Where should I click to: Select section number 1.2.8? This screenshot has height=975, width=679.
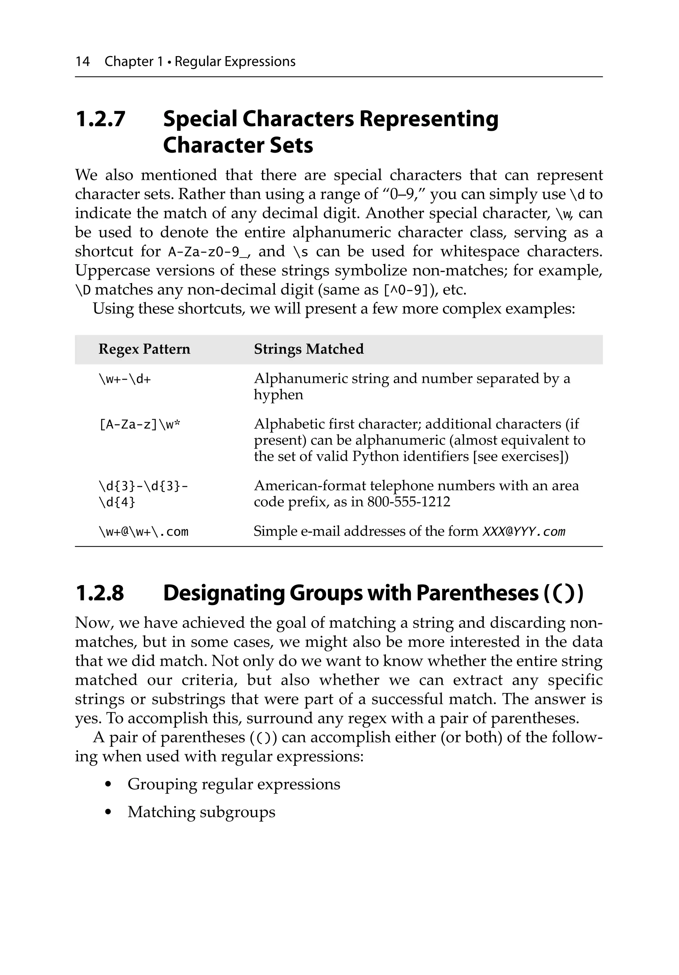(x=100, y=593)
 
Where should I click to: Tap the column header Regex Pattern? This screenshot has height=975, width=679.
(x=144, y=349)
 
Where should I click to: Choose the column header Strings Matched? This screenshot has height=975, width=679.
(x=309, y=349)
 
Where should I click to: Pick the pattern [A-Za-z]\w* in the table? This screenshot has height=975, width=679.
(x=140, y=424)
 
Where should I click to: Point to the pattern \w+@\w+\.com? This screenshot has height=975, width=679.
(x=144, y=531)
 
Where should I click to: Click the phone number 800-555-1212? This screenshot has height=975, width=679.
(x=408, y=502)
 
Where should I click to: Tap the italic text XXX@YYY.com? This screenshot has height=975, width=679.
(x=524, y=531)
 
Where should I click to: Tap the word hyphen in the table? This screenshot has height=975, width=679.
(x=278, y=395)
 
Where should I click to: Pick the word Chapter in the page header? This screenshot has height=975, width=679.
(x=129, y=62)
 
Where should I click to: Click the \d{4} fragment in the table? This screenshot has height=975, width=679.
(x=117, y=502)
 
